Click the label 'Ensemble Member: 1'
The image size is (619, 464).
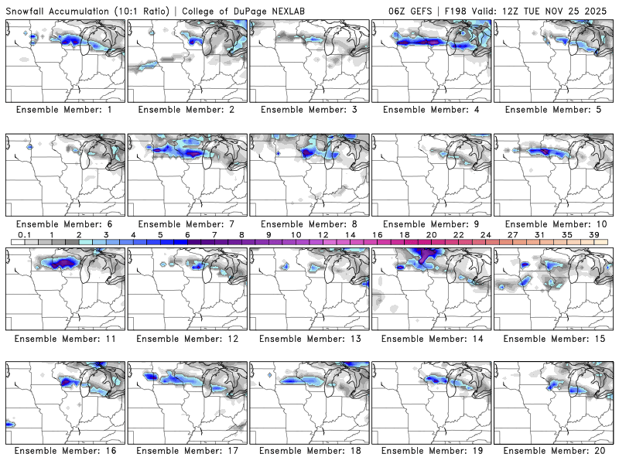(x=64, y=110)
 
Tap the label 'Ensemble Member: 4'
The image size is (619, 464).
(x=432, y=110)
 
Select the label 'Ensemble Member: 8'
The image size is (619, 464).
(x=309, y=224)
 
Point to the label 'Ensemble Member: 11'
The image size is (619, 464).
(x=64, y=338)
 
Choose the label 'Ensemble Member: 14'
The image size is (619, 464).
(x=432, y=338)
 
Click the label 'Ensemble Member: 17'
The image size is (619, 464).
(x=186, y=451)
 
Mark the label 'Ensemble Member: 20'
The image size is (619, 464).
(x=554, y=451)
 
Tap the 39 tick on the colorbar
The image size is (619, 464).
(x=595, y=234)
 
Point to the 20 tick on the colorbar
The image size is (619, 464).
(x=431, y=234)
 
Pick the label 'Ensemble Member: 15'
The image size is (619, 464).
(x=554, y=338)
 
